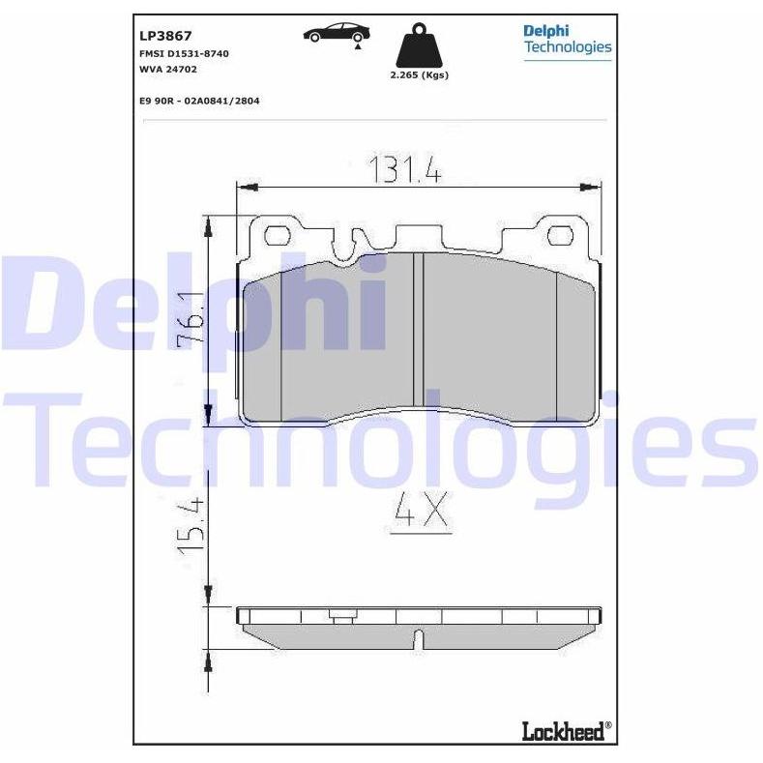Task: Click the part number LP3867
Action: pos(165,36)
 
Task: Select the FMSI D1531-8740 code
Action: pos(184,53)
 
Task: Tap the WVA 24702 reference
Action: pos(168,69)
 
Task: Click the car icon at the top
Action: pos(337,33)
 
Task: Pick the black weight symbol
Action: pos(419,45)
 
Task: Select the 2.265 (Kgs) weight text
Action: pos(419,74)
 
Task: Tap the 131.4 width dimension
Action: pos(405,169)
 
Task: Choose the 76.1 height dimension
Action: pos(190,321)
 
